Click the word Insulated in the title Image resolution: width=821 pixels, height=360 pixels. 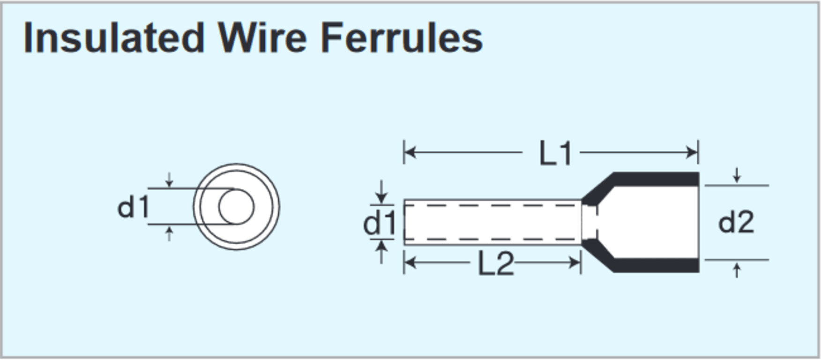pos(114,38)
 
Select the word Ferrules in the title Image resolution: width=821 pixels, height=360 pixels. pos(402,38)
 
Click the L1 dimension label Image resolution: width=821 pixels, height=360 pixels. pos(555,153)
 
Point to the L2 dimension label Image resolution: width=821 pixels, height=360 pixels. pos(496,263)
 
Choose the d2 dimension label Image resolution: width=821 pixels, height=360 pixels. pos(736,222)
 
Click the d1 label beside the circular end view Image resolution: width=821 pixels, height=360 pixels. pos(134,207)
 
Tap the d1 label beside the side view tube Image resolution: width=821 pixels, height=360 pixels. pos(380,223)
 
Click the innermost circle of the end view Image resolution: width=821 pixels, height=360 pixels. pos(236,207)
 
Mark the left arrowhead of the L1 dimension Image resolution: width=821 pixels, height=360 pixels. pos(410,152)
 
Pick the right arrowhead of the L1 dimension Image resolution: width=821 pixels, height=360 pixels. pos(693,152)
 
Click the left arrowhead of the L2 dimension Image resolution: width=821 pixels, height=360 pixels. pos(410,262)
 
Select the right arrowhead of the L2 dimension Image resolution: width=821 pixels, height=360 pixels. pos(575,262)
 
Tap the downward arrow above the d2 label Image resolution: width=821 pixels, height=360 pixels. pos(737,177)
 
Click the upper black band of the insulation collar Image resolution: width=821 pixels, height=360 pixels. pos(656,179)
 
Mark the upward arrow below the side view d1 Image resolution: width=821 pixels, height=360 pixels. pos(381,249)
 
